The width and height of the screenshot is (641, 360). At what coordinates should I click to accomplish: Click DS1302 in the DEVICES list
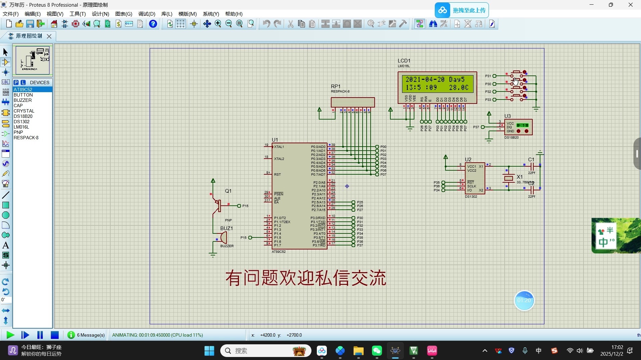[x=22, y=122]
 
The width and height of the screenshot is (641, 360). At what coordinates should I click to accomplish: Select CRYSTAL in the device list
[x=24, y=111]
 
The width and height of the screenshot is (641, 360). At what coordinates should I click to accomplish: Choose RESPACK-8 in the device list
[x=26, y=138]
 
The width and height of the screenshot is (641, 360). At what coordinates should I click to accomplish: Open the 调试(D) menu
[x=147, y=14]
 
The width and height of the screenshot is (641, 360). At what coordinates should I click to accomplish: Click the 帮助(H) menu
[x=234, y=14]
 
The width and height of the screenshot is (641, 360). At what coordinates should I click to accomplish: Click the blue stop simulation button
[x=55, y=335]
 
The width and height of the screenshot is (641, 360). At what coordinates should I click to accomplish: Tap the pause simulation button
[x=40, y=335]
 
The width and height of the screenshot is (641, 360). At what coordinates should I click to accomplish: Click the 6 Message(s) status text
[x=91, y=335]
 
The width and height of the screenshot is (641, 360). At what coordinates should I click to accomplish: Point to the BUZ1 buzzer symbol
[x=223, y=237]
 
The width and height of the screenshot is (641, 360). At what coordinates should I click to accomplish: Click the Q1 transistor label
[x=228, y=191]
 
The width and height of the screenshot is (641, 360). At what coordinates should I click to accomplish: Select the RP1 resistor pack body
[x=353, y=102]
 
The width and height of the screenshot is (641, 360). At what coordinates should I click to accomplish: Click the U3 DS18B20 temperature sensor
[x=518, y=127]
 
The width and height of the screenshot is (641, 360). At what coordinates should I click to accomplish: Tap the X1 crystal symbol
[x=508, y=178]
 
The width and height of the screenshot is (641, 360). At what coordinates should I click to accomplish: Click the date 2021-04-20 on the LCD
[x=425, y=79]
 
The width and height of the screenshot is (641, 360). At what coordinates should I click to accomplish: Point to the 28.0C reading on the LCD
[x=459, y=87]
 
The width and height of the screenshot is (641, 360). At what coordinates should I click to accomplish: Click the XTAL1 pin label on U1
[x=279, y=147]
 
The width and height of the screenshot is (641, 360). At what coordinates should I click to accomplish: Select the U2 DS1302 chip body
[x=475, y=178]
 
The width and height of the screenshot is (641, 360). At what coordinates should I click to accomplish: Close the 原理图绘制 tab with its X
[x=49, y=36]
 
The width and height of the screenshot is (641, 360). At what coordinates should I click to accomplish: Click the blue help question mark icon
[x=153, y=24]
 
